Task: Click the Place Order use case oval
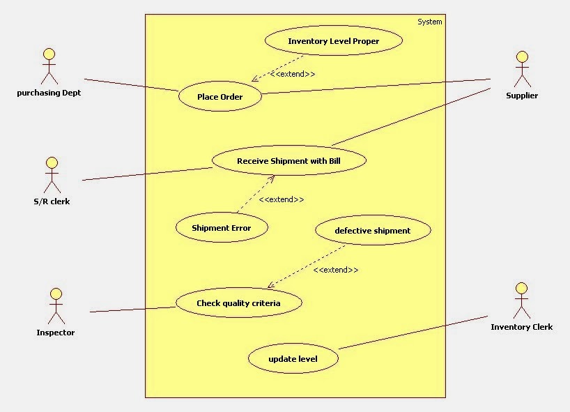tap(220, 97)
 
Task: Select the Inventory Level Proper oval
tap(334, 41)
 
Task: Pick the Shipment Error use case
tap(221, 228)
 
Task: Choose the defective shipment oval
tap(373, 231)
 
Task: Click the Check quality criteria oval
tap(238, 303)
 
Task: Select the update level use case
tap(293, 359)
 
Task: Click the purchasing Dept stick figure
tap(49, 66)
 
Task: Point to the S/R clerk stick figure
tap(50, 174)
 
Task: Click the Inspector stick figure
tap(55, 304)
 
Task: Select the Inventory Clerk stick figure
tap(521, 300)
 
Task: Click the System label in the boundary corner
tap(429, 22)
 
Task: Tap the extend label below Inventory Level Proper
tap(292, 74)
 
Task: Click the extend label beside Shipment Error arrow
tap(281, 199)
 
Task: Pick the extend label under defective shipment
tap(336, 270)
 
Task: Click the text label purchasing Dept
tap(49, 93)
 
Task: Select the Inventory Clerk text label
tap(521, 327)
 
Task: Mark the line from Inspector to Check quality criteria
tap(132, 309)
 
